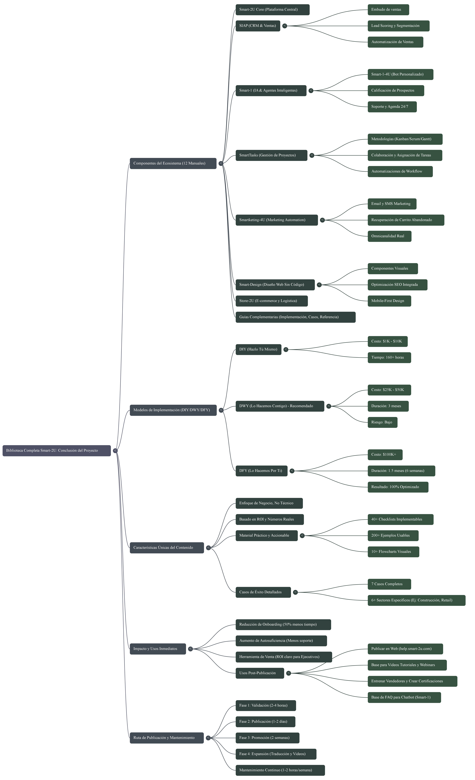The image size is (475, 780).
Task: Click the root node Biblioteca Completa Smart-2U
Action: coord(57,450)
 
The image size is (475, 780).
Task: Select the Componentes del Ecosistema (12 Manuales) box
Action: coord(173,163)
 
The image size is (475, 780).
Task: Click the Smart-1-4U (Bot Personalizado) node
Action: coord(400,74)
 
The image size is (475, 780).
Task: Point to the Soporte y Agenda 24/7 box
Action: coord(392,107)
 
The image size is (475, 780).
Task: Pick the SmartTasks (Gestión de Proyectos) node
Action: coord(271,155)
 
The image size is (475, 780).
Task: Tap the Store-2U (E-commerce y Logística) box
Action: coord(271,301)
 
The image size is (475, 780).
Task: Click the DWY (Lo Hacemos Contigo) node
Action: coord(280,406)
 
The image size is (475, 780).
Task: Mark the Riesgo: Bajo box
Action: coord(382,422)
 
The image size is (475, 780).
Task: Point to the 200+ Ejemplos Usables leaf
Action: coord(393,536)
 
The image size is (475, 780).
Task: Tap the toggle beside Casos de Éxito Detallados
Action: coord(295,592)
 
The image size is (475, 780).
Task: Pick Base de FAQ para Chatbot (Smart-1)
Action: coord(404,697)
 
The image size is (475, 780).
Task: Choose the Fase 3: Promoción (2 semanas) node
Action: coord(267,738)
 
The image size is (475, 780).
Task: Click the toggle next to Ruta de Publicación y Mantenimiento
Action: coord(208,738)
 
